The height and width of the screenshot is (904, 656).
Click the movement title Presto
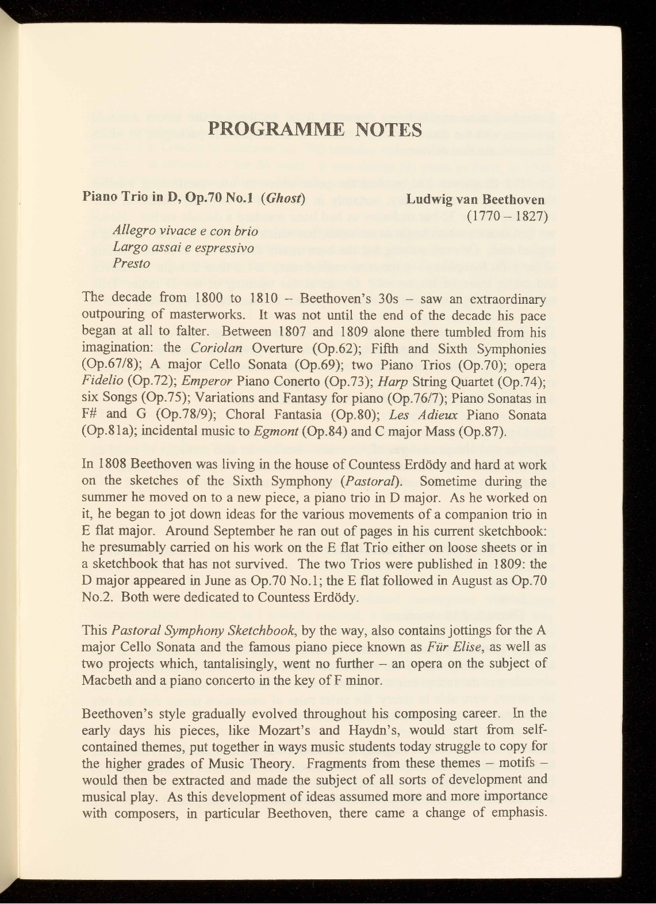coord(132,264)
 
